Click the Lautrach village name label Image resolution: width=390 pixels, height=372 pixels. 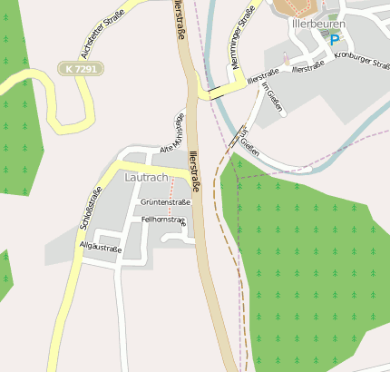[145, 179]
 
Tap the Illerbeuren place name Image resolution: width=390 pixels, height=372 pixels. [318, 24]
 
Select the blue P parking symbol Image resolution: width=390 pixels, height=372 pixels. [334, 40]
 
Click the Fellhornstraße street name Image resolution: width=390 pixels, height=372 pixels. [163, 220]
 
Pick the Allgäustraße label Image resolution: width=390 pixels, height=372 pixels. [101, 245]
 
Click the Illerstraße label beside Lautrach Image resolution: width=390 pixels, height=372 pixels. [194, 173]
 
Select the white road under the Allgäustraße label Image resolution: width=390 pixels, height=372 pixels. [101, 255]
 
